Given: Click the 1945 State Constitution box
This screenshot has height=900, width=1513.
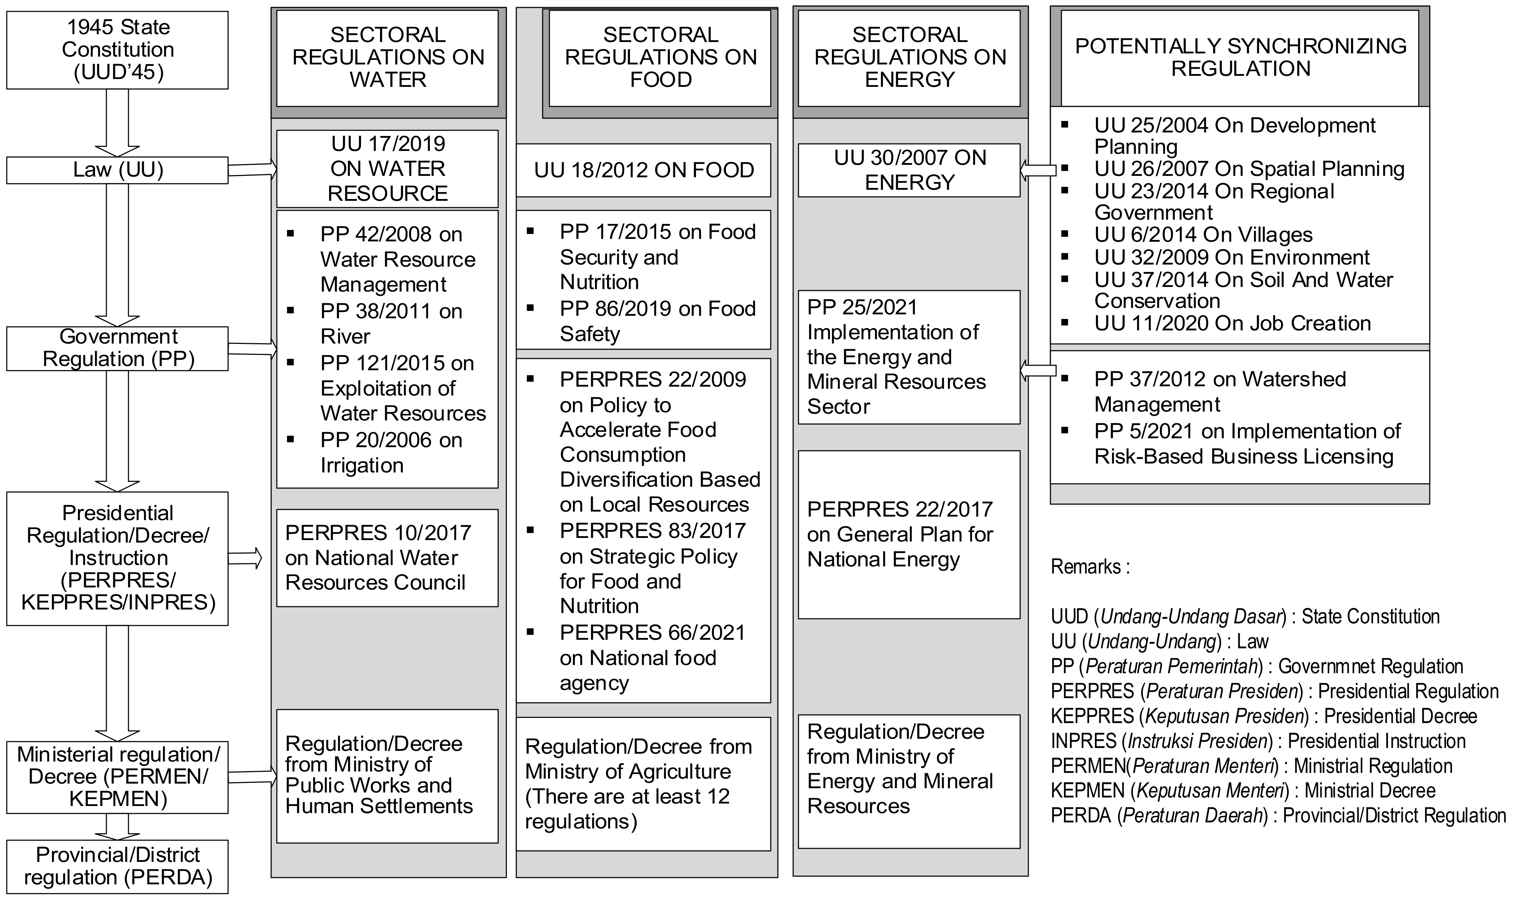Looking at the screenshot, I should pos(117,50).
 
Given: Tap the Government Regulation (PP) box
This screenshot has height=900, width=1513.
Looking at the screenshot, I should pos(117,348).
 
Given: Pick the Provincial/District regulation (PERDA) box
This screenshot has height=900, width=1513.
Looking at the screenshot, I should pos(117,866).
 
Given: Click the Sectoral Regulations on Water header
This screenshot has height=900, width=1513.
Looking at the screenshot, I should pos(388,58).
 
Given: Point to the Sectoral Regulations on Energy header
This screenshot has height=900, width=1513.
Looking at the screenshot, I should pos(909,58).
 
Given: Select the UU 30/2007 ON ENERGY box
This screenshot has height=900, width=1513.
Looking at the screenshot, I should pos(909,171).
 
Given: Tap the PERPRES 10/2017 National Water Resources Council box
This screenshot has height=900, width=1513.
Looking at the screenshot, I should pos(388,558).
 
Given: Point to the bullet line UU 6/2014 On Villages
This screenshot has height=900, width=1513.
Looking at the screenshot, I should pos(1203,235).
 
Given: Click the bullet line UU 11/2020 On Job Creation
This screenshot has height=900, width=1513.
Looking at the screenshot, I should pos(1232,323).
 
